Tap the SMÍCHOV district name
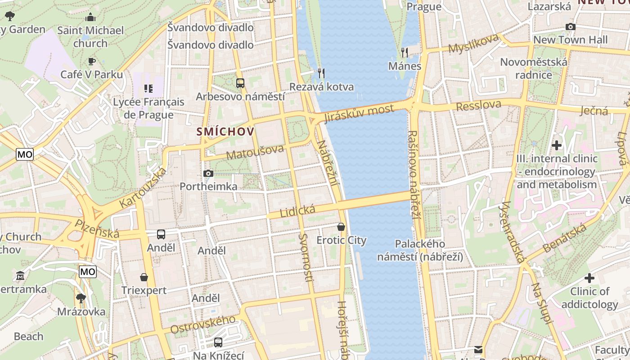[225, 132]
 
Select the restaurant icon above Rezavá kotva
[321, 73]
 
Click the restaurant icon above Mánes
[405, 53]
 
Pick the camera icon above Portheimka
[208, 173]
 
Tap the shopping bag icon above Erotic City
[341, 227]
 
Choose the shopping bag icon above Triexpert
[144, 277]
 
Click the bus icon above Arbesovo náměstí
[240, 83]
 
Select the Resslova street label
[478, 106]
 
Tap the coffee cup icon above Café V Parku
[91, 61]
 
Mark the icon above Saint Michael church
[91, 18]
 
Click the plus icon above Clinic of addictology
[589, 278]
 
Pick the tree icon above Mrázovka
[81, 298]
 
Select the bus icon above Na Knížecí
[218, 342]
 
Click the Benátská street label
[564, 238]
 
